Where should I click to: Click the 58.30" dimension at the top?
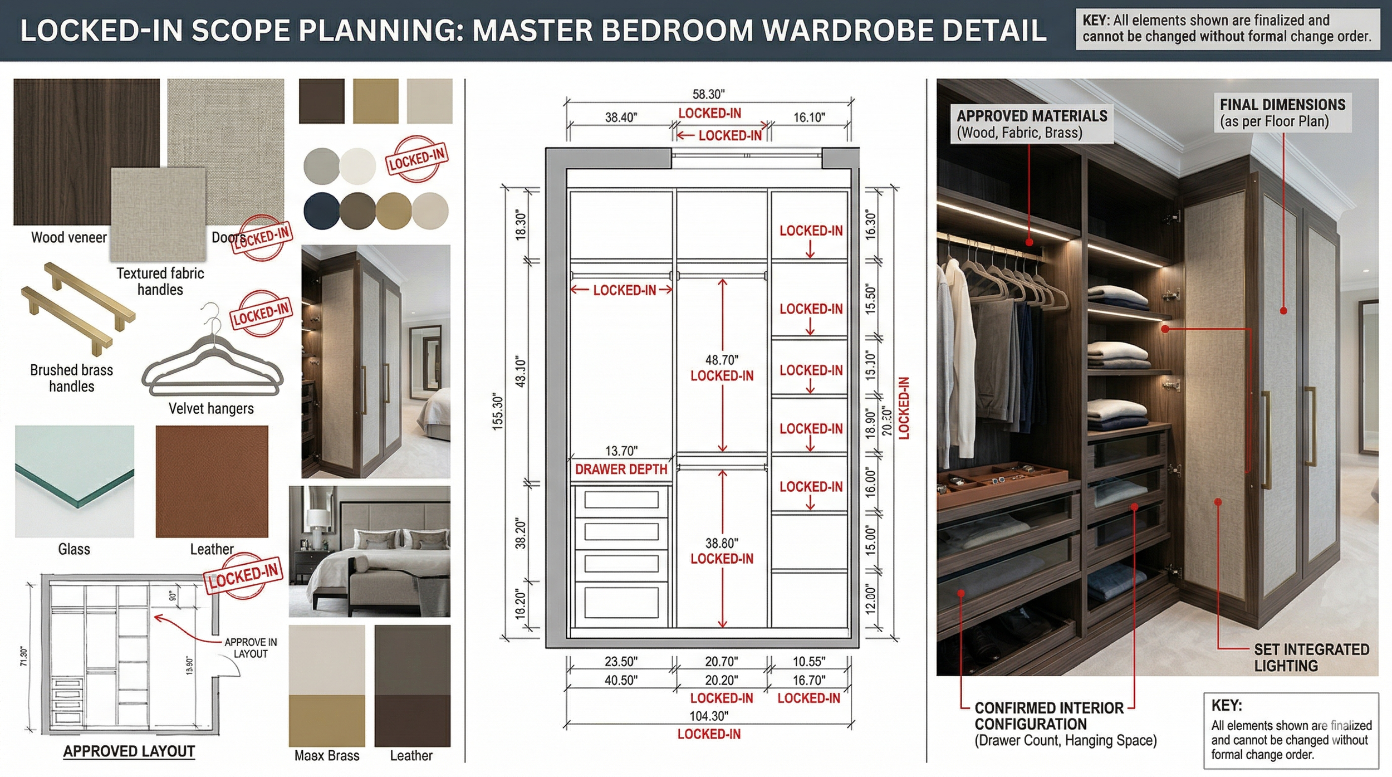pyautogui.click(x=708, y=95)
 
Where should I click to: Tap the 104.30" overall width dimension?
pyautogui.click(x=709, y=716)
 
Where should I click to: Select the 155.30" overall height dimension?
pyautogui.click(x=497, y=412)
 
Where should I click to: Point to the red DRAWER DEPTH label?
pyautogui.click(x=621, y=470)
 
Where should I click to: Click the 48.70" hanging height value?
pyautogui.click(x=722, y=360)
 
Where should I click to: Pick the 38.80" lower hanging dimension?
pyautogui.click(x=722, y=543)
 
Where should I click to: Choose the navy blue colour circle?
pyautogui.click(x=321, y=211)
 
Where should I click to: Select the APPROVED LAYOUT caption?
pyautogui.click(x=129, y=751)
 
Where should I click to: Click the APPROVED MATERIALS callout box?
pyautogui.click(x=1032, y=124)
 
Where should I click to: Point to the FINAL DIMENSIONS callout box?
pyautogui.click(x=1282, y=113)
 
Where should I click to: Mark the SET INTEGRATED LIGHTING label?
pyautogui.click(x=1311, y=657)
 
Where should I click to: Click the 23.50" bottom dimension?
pyautogui.click(x=621, y=662)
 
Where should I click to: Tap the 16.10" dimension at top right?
pyautogui.click(x=809, y=118)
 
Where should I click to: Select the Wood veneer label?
pyautogui.click(x=69, y=238)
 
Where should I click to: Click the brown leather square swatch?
pyautogui.click(x=212, y=481)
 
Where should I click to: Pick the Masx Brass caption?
pyautogui.click(x=327, y=756)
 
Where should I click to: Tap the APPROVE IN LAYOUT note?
pyautogui.click(x=251, y=648)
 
